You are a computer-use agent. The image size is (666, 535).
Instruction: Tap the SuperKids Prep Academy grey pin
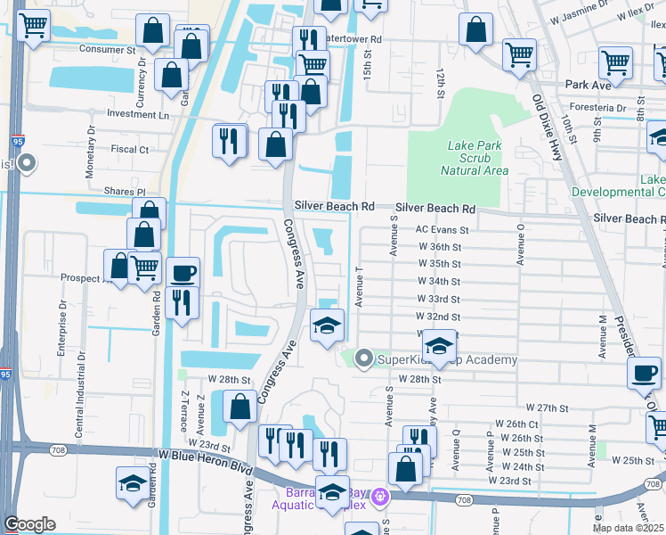pos(363,359)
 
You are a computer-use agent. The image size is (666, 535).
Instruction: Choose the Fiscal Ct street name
pos(131,150)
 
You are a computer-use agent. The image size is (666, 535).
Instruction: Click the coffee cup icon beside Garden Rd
pos(183,273)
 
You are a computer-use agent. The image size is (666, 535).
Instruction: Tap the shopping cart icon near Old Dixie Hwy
pos(519,54)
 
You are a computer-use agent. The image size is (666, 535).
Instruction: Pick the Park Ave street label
pos(588,86)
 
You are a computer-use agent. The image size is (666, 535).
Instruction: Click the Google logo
pos(29,524)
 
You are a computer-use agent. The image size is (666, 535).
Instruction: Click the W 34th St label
pos(439,281)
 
